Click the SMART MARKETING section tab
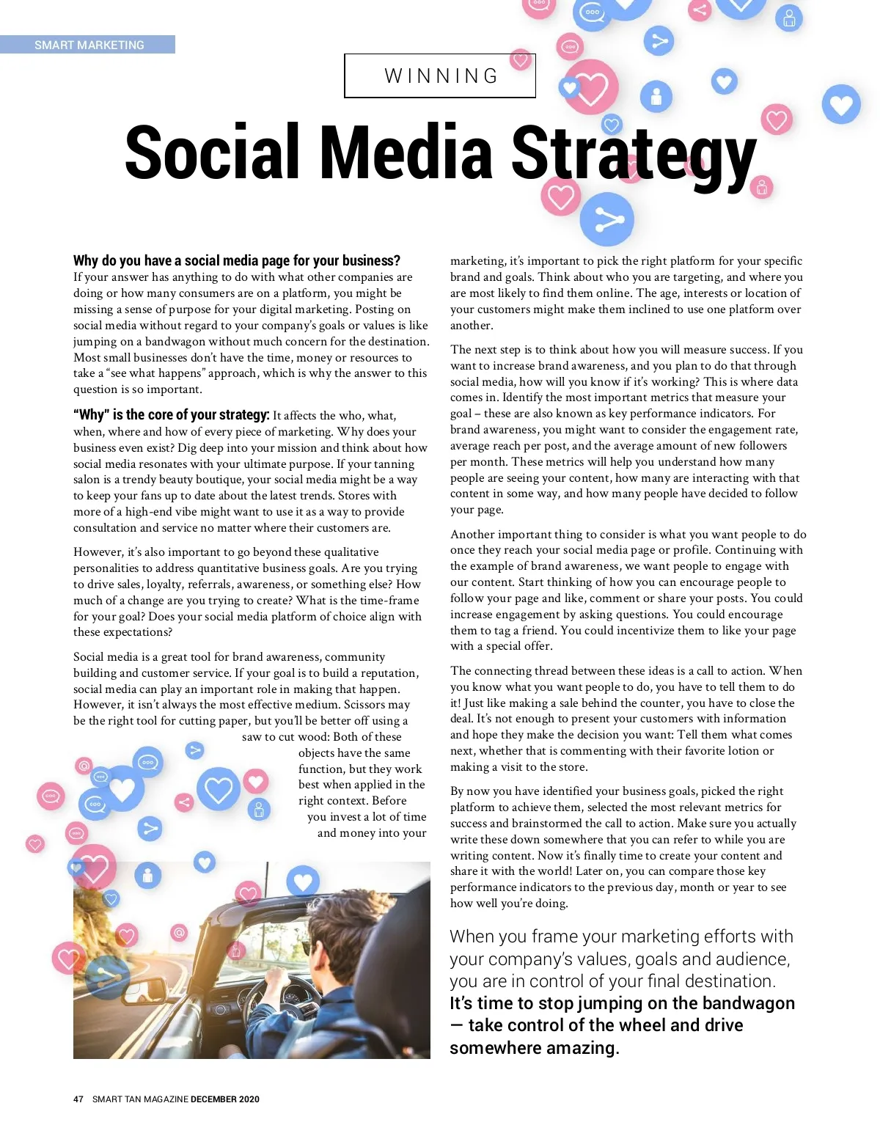click(x=89, y=45)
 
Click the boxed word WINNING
click(x=441, y=76)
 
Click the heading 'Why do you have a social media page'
click(x=236, y=260)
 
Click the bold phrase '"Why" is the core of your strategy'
click(x=171, y=415)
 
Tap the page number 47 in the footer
click(x=78, y=1099)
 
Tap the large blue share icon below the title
click(x=606, y=219)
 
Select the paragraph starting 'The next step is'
click(x=627, y=429)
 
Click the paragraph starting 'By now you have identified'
click(x=623, y=847)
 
